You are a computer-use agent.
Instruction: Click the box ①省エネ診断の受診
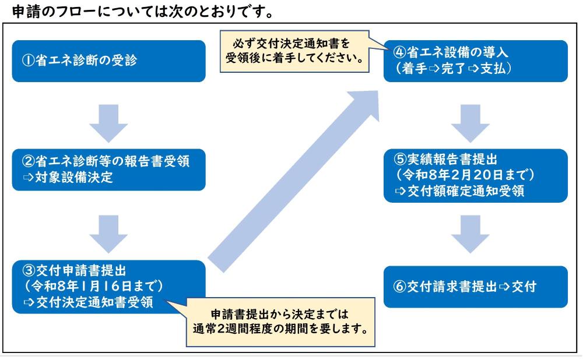point(108,61)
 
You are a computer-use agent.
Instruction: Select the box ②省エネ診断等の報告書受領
point(108,170)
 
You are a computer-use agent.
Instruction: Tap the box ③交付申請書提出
point(108,287)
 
